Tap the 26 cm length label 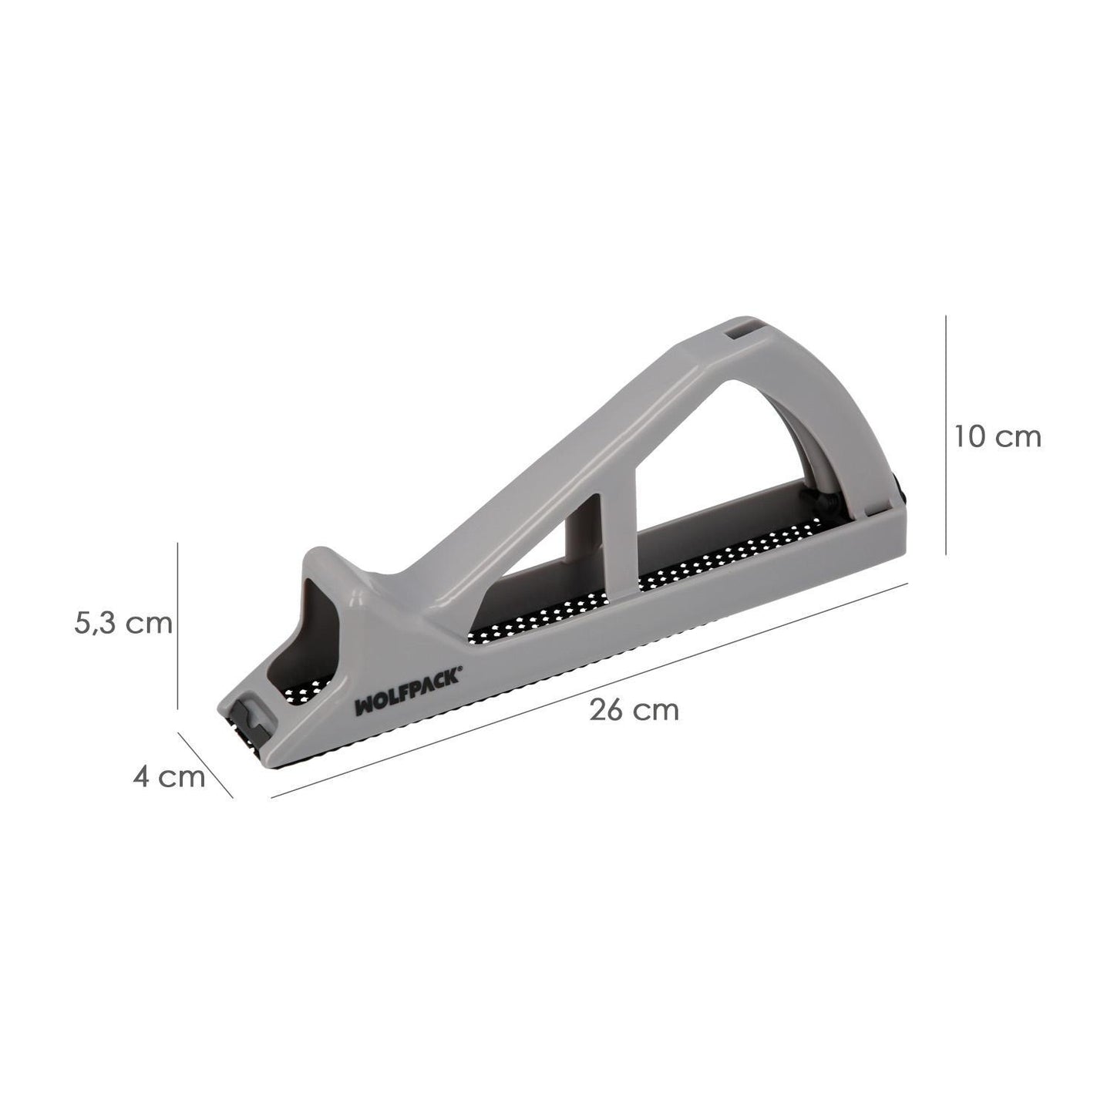click(634, 709)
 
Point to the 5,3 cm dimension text click(123, 622)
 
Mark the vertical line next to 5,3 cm click(178, 624)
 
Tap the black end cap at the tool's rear click(900, 488)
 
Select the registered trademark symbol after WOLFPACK click(460, 671)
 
